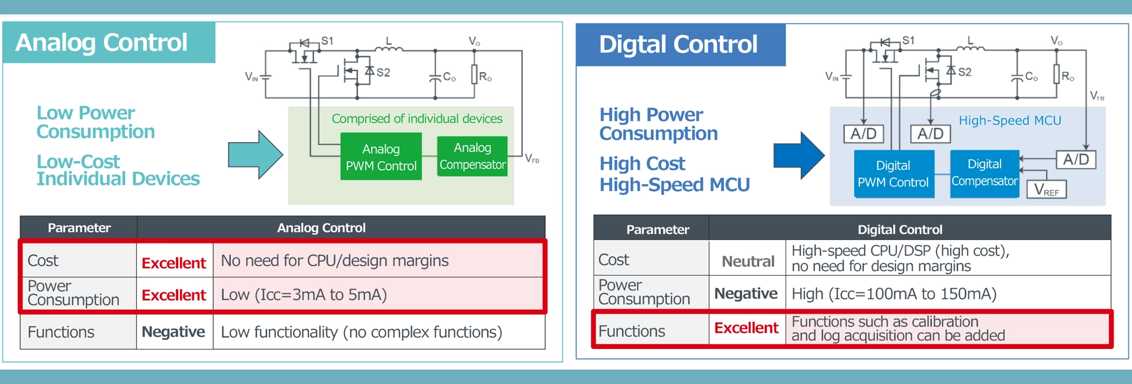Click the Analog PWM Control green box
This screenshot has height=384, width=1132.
pyautogui.click(x=380, y=157)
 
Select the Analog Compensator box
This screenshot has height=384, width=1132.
pyautogui.click(x=472, y=156)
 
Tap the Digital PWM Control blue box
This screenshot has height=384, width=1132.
pyautogui.click(x=893, y=174)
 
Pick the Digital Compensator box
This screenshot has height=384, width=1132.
pyautogui.click(x=984, y=173)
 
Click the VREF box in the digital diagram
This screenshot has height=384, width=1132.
pyautogui.click(x=1046, y=189)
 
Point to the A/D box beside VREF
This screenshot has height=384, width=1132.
pyautogui.click(x=1076, y=159)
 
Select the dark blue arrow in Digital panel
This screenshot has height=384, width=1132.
pyautogui.click(x=799, y=155)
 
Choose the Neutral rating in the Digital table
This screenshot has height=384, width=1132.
pyautogui.click(x=748, y=261)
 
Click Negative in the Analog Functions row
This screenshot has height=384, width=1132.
pyautogui.click(x=173, y=332)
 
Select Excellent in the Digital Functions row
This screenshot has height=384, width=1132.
pyautogui.click(x=746, y=328)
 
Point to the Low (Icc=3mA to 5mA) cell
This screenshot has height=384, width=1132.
pyautogui.click(x=304, y=295)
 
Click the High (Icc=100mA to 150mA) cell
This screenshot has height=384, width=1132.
pyautogui.click(x=893, y=294)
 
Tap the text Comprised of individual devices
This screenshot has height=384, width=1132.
pyautogui.click(x=417, y=119)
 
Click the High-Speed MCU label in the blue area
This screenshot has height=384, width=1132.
pyautogui.click(x=1009, y=120)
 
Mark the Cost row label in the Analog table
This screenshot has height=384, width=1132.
pyautogui.click(x=43, y=261)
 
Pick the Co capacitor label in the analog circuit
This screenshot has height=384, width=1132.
pyautogui.click(x=449, y=77)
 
